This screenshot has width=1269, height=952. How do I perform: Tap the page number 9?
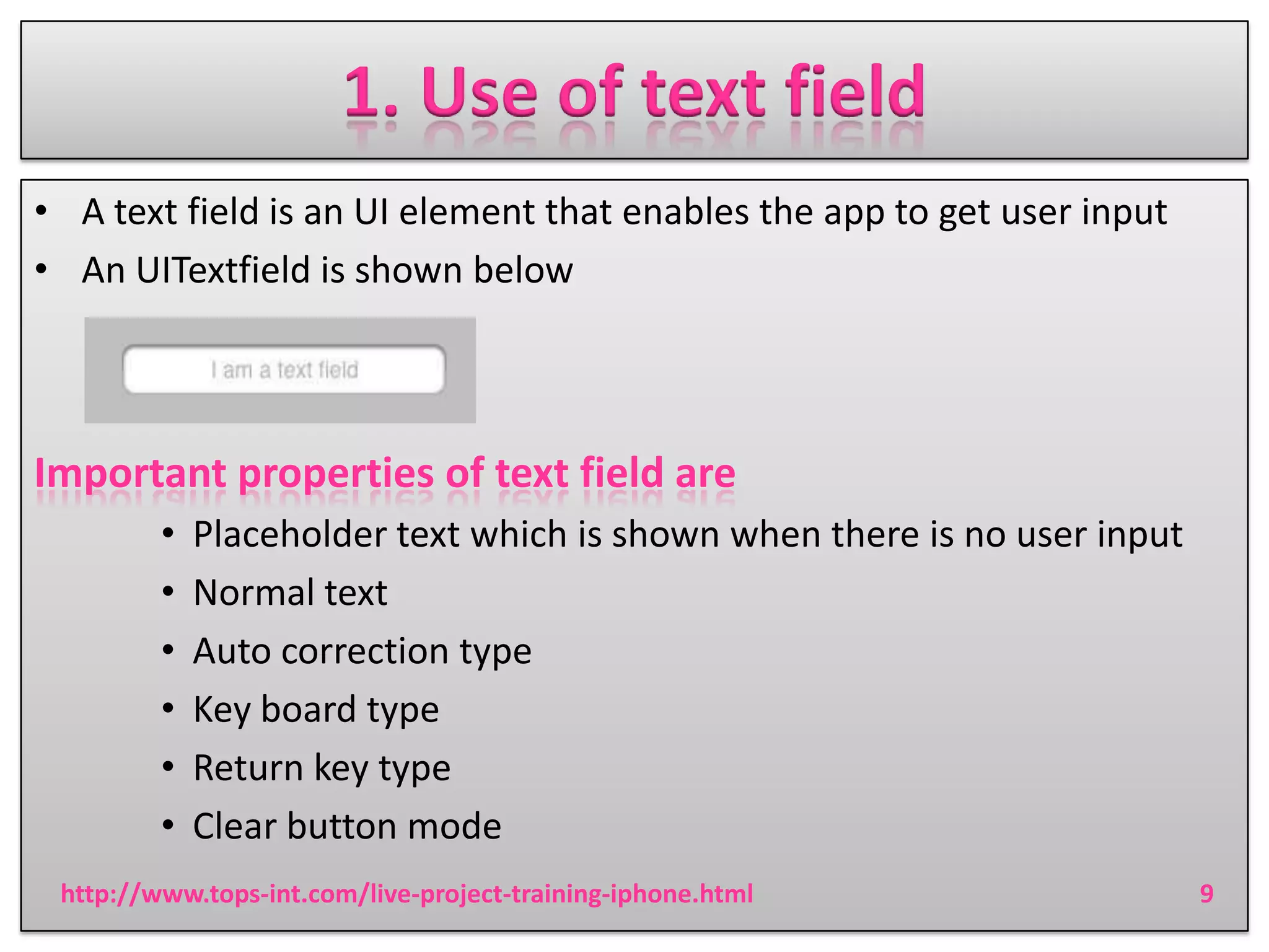(x=1206, y=894)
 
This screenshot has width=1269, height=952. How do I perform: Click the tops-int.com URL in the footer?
(x=406, y=894)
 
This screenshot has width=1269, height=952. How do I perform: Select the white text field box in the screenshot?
(x=284, y=369)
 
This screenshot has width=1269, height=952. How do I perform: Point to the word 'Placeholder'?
(x=289, y=534)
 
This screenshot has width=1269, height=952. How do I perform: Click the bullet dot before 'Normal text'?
(x=168, y=593)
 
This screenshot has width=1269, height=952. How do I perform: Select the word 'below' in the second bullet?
(x=523, y=270)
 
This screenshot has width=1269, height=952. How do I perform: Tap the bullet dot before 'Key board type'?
(x=168, y=709)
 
